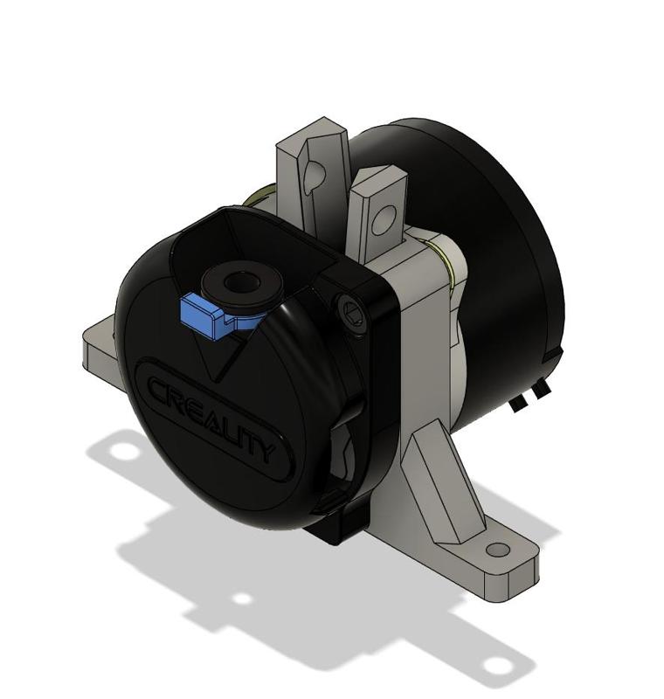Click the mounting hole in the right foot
pos(497,550)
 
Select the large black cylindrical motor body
pos(489,262)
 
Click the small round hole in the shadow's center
pos(241,599)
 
